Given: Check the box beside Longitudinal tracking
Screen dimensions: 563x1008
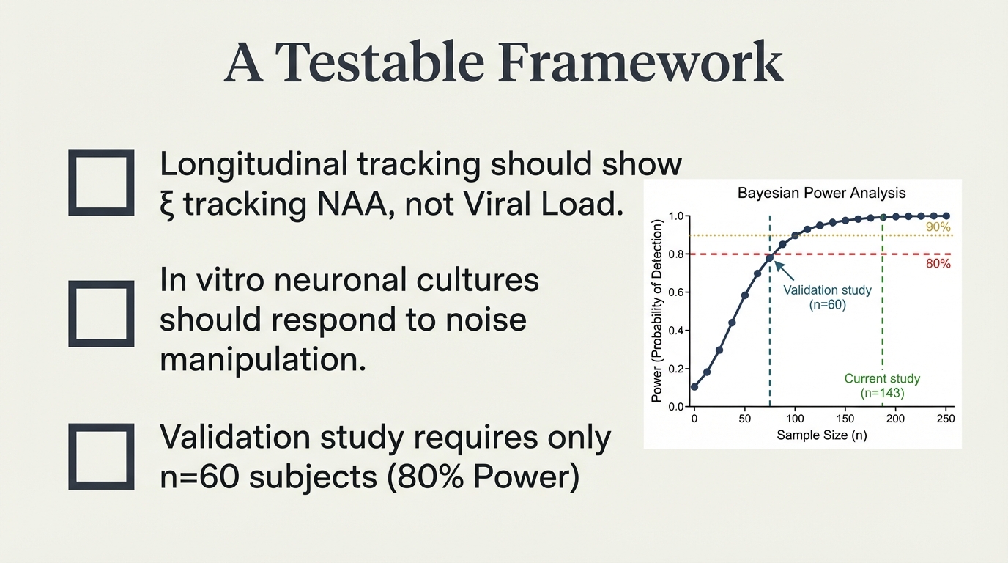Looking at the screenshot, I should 101,183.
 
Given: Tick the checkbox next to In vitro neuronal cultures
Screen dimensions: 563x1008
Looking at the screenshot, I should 101,314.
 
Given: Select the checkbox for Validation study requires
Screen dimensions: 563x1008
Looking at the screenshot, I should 101,456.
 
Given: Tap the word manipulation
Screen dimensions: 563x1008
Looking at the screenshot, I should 262,360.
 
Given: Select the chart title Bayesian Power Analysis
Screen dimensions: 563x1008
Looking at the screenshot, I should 821,194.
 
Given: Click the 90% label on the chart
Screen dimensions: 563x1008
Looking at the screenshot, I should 938,227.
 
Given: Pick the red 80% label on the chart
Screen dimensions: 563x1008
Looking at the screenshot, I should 938,264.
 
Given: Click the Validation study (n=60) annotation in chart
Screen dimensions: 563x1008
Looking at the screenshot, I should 827,297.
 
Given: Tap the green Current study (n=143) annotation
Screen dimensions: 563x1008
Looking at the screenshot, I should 882,386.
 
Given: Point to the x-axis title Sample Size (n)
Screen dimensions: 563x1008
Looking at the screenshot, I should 820,435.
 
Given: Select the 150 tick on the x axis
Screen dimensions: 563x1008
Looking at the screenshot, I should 845,419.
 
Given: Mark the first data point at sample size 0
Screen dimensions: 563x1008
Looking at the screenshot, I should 694,386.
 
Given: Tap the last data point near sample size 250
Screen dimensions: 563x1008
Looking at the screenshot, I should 946,216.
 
